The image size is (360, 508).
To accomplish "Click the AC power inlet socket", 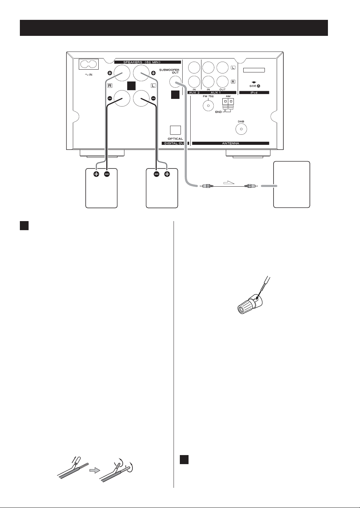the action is point(89,64).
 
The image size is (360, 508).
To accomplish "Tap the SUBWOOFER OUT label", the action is point(169,71).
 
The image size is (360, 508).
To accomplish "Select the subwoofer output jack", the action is point(175,81).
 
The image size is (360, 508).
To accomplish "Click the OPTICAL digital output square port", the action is point(175,130).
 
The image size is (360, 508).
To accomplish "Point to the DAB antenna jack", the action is point(241,129).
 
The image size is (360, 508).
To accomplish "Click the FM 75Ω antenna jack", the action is point(208,105).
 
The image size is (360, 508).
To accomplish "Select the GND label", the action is point(219,112).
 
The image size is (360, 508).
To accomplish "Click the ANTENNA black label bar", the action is point(231,143).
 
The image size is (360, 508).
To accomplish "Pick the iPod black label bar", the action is point(254,93).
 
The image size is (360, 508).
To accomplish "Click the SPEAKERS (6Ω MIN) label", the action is point(148,62).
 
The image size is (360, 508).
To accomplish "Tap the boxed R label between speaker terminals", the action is point(110,86).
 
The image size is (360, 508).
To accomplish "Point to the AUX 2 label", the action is point(194,93).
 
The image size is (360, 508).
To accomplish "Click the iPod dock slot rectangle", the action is point(254,70).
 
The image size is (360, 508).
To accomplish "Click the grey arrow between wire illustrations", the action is point(95,471).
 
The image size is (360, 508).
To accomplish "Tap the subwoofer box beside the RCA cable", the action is point(292,185).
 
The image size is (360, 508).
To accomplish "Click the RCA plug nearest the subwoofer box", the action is point(251,186).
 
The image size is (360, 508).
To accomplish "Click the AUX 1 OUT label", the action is point(222,89).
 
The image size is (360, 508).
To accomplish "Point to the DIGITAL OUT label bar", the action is point(175,143).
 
